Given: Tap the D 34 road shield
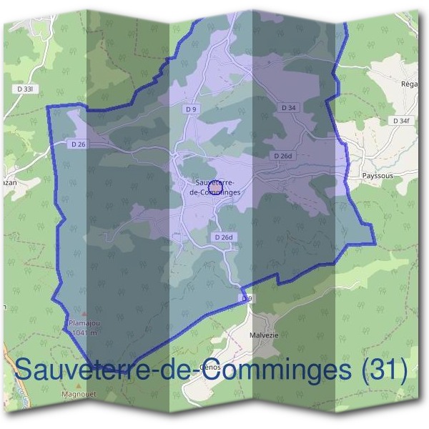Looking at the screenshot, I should coord(288,107).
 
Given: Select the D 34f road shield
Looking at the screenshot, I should coord(403,122).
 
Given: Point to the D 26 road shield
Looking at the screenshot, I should coord(79,144).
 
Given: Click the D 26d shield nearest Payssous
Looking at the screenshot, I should coord(282,155).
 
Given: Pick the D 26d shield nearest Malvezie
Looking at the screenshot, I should coord(223,237).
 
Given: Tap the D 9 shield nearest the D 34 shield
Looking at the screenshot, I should coord(190,109).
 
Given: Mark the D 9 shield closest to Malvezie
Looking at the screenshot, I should coord(247,297).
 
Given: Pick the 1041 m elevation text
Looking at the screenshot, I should coord(84,332).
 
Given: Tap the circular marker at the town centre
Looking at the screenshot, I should coord(214,187).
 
